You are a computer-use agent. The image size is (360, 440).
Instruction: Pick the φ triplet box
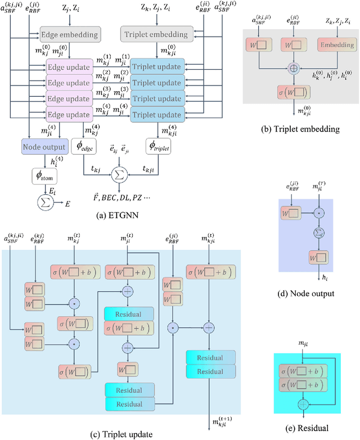tap(157, 148)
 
